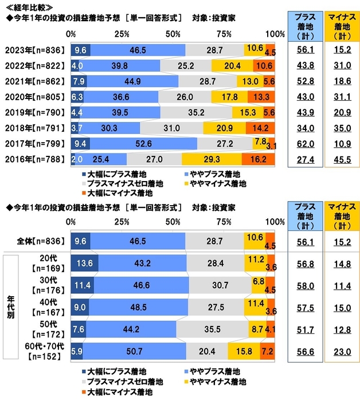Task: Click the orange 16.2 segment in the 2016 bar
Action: pos(259,159)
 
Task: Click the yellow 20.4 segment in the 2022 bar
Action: pos(232,65)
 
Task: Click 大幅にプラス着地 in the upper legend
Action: pos(111,172)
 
